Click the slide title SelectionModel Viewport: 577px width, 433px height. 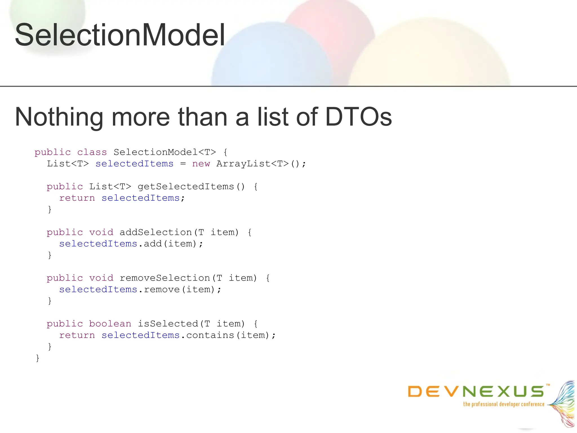tap(120, 35)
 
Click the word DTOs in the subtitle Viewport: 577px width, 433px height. tap(358, 117)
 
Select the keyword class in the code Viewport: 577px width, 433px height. tap(92, 152)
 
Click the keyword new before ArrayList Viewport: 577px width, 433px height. tap(201, 164)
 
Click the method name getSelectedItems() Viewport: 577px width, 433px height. tap(191, 187)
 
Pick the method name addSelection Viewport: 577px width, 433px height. tap(156, 232)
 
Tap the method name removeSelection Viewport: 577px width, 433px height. tap(165, 278)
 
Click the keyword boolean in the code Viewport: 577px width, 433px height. tap(110, 324)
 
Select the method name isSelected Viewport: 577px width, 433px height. tap(168, 324)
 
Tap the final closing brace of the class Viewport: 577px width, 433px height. tap(37, 358)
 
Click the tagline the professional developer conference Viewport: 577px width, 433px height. tap(503, 404)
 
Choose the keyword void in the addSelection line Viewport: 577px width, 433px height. tap(101, 232)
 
